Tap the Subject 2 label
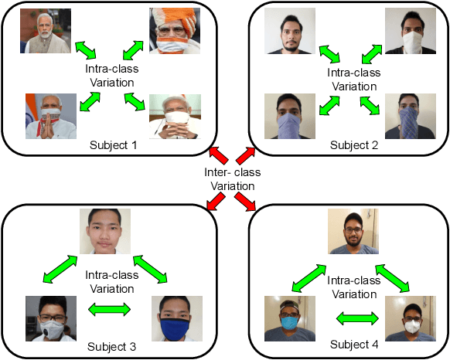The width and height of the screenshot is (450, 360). (353, 144)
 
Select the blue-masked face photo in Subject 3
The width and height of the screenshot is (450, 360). (177, 318)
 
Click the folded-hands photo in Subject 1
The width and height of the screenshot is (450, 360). (51, 116)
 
